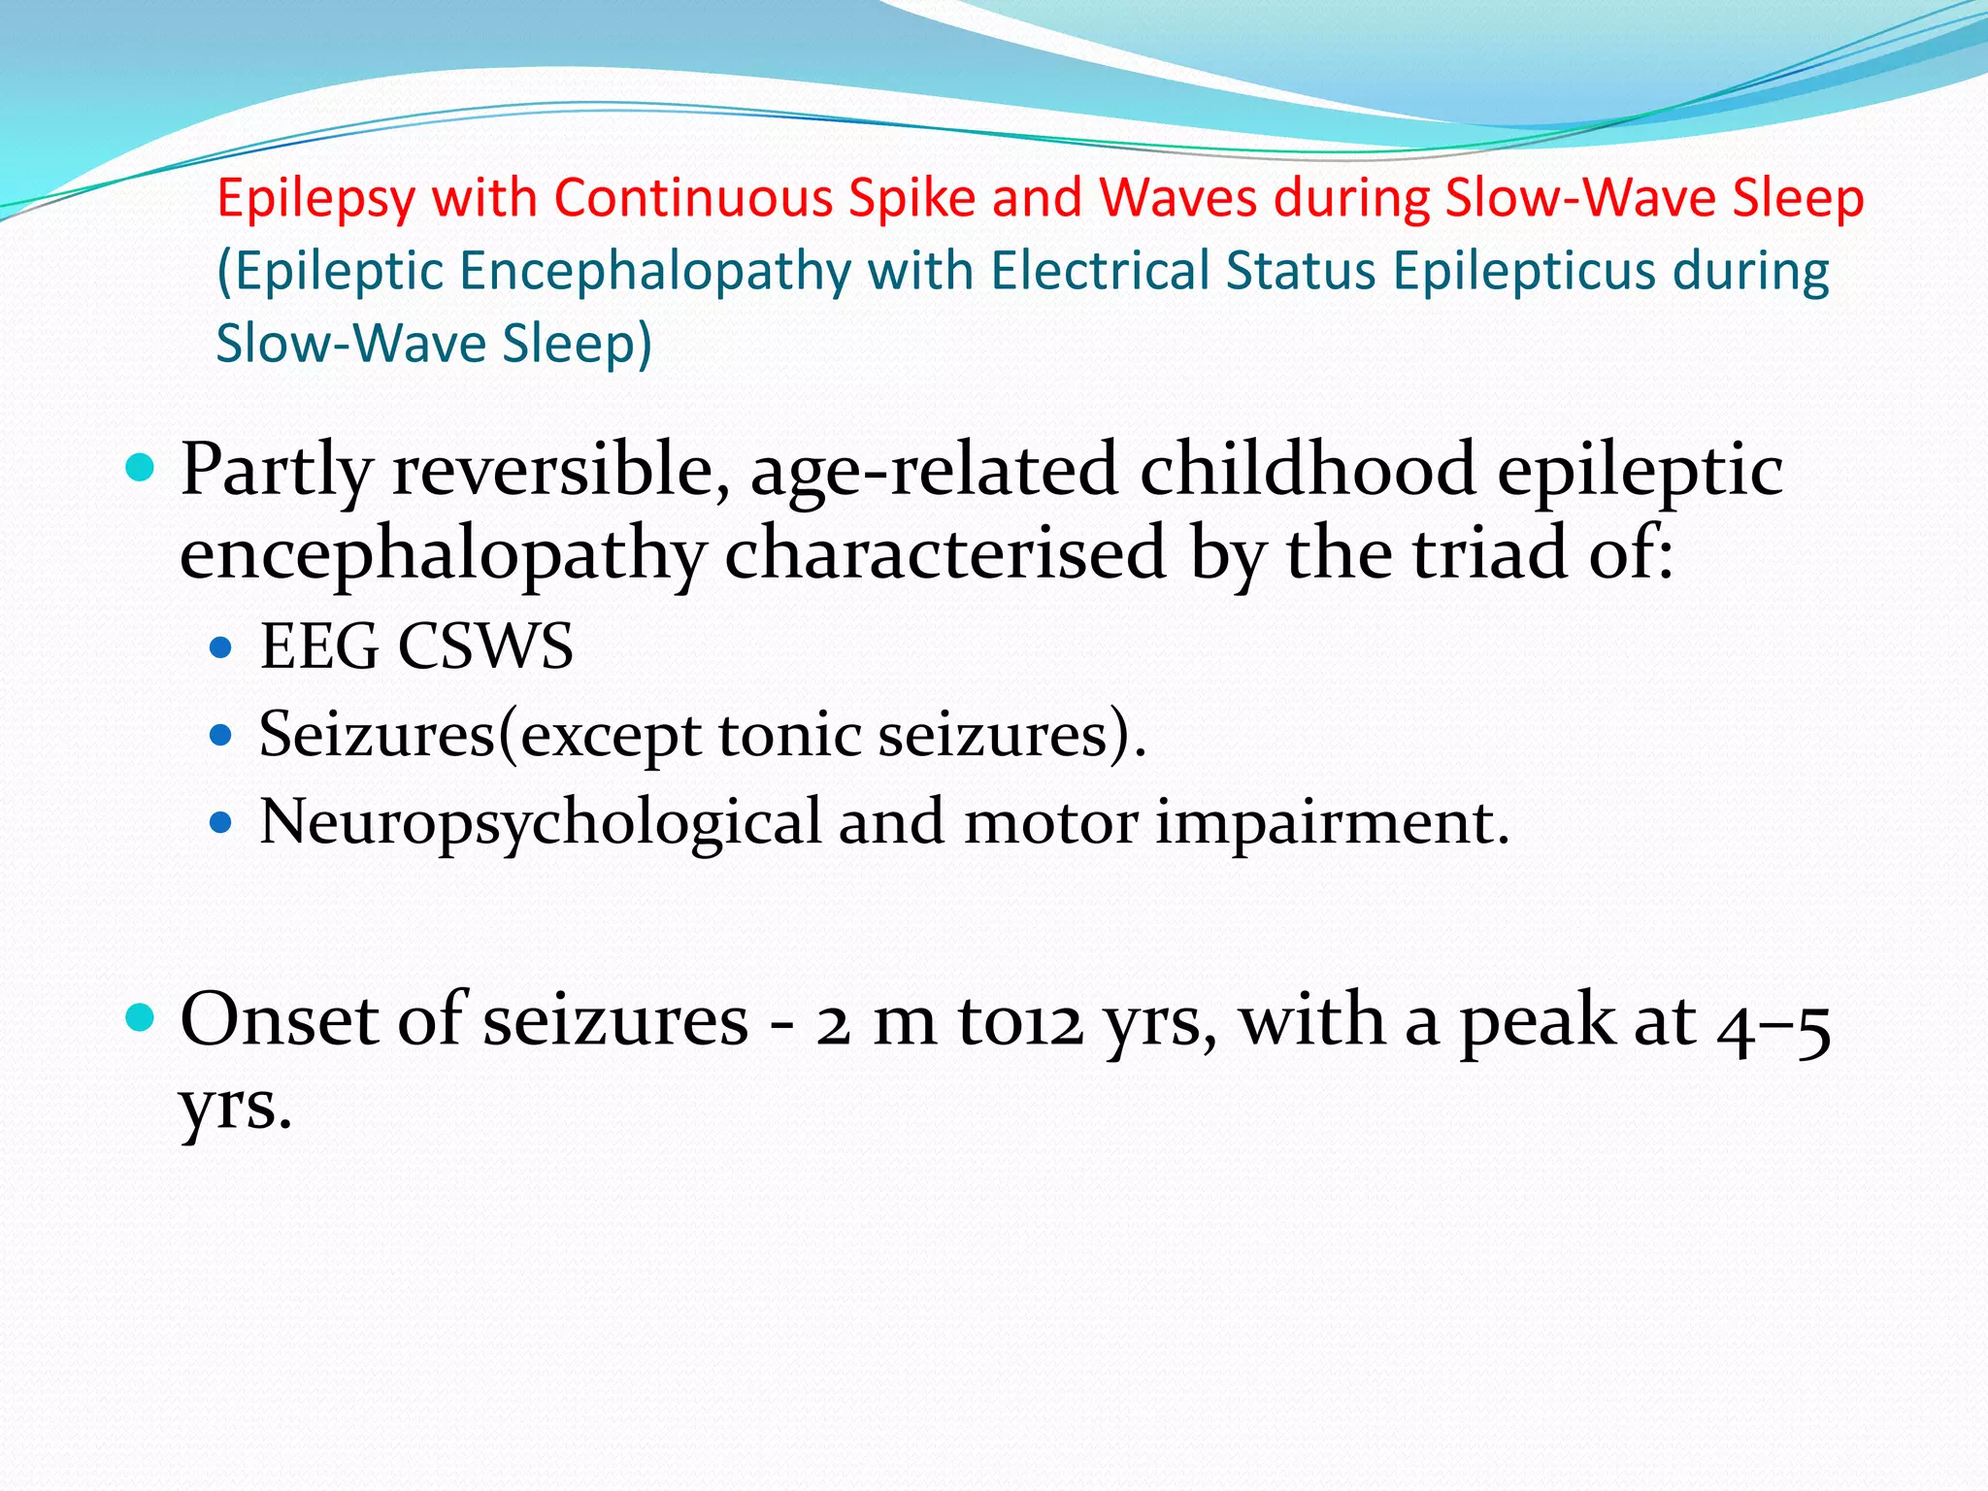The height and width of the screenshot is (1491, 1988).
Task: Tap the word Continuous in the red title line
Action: [693, 198]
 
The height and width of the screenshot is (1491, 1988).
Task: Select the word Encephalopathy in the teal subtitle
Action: [655, 272]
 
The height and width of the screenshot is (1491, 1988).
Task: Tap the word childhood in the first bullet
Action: [1308, 470]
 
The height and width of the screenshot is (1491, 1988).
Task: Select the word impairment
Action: [1331, 823]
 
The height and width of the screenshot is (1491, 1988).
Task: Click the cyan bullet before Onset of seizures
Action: [141, 1018]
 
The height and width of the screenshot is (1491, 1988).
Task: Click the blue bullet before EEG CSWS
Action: [221, 647]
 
